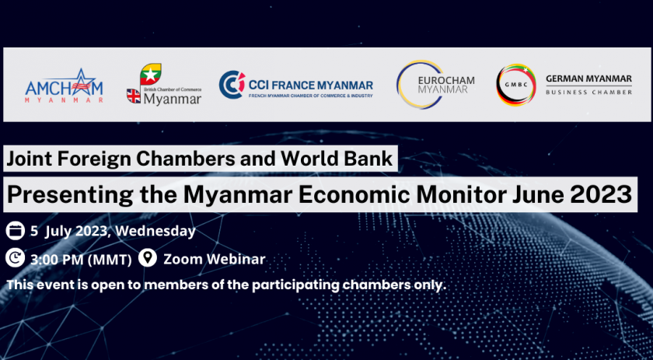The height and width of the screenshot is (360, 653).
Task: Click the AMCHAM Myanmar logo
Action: click(64, 86)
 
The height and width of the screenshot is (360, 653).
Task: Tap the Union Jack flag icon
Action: click(134, 96)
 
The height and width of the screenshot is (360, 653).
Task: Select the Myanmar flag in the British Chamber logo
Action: click(150, 74)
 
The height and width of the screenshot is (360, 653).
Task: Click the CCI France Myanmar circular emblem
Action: click(232, 85)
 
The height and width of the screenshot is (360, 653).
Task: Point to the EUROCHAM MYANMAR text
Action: click(445, 85)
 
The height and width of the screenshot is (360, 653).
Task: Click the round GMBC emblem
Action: click(516, 85)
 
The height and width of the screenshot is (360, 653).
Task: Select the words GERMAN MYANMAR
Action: click(589, 79)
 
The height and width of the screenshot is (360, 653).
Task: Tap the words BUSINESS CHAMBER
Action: click(589, 92)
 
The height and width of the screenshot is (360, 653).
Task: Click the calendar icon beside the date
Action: click(15, 231)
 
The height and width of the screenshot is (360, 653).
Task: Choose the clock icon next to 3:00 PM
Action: click(15, 258)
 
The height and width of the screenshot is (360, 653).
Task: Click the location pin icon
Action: click(148, 258)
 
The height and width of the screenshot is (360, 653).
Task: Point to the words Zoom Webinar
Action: click(214, 259)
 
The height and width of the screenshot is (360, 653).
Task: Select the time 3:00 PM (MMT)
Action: click(81, 260)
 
